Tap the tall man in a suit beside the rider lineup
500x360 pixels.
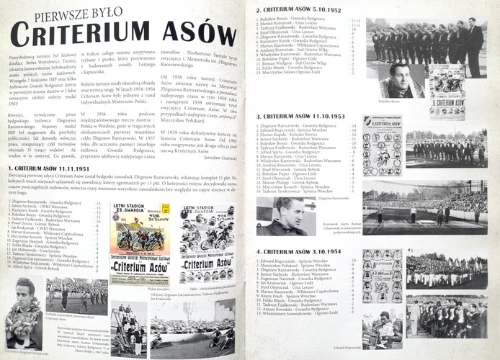pos(473,47)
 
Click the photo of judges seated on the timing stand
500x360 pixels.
pos(468,150)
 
